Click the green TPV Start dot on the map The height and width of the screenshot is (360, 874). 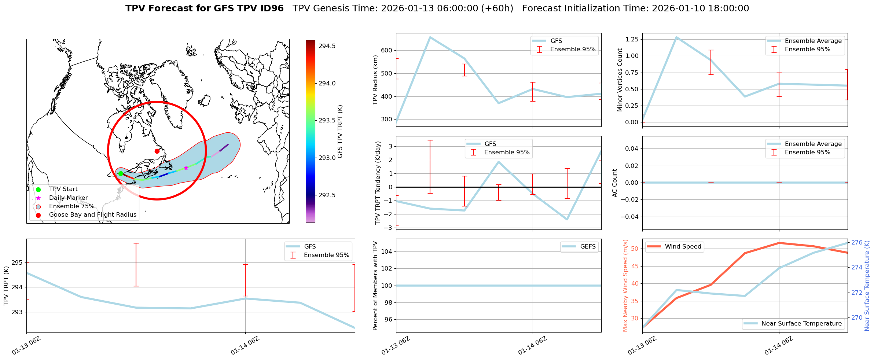pyautogui.click(x=121, y=173)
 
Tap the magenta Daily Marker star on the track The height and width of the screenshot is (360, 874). pyautogui.click(x=186, y=168)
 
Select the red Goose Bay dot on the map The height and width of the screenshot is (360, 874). pyautogui.click(x=157, y=151)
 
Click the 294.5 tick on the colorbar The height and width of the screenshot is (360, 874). pyautogui.click(x=327, y=46)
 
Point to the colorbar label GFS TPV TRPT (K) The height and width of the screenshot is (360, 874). pyautogui.click(x=340, y=131)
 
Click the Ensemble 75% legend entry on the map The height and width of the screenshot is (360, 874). pyautogui.click(x=71, y=206)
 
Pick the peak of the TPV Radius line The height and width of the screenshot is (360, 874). pyautogui.click(x=430, y=37)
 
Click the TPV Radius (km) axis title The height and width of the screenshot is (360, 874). pyautogui.click(x=375, y=80)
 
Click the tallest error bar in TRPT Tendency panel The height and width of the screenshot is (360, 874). pyautogui.click(x=430, y=166)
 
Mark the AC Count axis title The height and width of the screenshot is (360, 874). pyautogui.click(x=615, y=183)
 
